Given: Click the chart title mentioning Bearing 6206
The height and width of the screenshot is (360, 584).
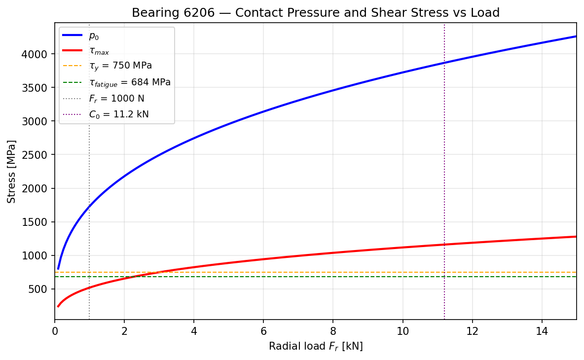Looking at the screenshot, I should point(316,13).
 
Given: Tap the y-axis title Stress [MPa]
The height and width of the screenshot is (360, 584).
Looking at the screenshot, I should point(12,171).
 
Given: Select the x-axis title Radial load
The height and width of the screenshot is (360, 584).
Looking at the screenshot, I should point(316,347).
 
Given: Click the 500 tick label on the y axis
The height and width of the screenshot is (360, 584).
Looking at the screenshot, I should point(40,289).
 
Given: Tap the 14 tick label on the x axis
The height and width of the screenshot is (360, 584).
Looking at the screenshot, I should point(542,331).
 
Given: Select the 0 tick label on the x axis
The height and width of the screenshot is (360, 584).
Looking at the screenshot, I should point(55,331).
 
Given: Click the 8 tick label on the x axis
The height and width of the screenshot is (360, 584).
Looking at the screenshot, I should point(333,331).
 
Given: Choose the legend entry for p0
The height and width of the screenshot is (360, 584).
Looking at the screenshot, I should point(94,36).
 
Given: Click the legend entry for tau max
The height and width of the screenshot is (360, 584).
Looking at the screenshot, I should point(99,51).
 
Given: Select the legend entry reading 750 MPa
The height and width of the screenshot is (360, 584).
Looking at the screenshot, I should point(120,66).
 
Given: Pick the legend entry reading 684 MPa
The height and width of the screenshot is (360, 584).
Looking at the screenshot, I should point(129,82).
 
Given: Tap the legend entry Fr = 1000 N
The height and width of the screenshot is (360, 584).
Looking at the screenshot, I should point(116,99).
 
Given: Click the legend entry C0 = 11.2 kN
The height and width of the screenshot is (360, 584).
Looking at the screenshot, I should point(118,114).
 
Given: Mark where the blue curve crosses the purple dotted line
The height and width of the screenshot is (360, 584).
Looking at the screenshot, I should point(444,63).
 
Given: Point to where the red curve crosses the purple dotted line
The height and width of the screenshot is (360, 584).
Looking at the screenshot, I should point(444,245).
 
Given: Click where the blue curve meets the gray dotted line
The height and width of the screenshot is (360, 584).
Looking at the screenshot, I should point(89,207).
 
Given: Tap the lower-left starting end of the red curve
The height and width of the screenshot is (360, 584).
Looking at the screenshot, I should point(58,306).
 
